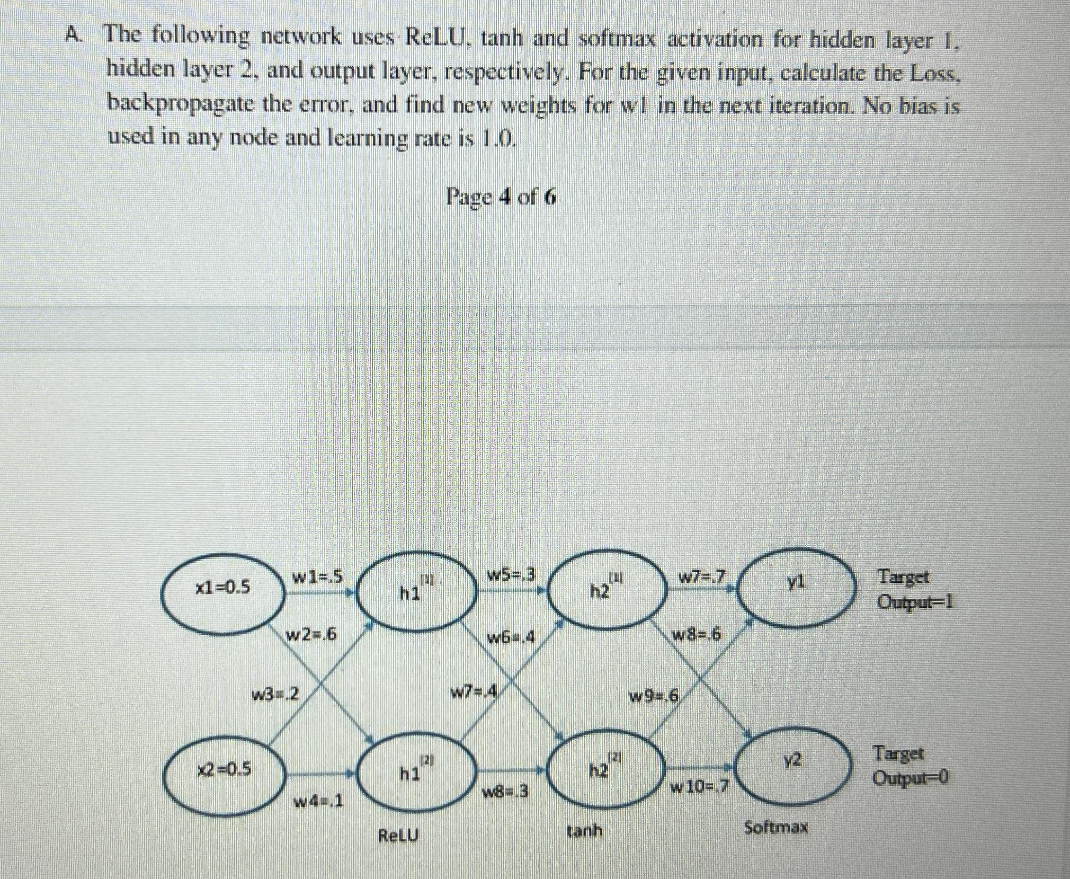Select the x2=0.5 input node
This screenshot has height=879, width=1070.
tap(224, 768)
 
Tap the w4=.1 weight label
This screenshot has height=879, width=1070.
tap(318, 802)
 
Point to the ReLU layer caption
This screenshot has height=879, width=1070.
tap(398, 836)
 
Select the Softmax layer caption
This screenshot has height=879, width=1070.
tap(776, 827)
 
